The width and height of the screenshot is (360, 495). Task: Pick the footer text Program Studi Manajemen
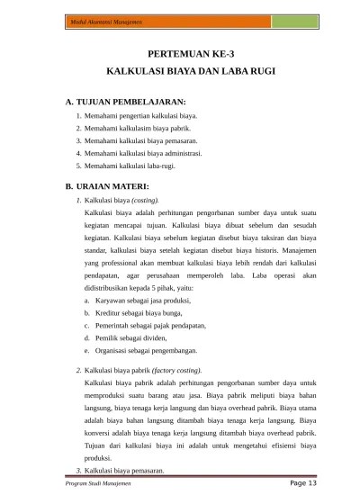point(93,483)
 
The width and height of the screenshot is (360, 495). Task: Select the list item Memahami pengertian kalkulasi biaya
point(139,116)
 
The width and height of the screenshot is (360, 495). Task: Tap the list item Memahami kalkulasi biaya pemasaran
point(140,141)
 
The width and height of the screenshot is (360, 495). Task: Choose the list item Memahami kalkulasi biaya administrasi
point(143,153)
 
